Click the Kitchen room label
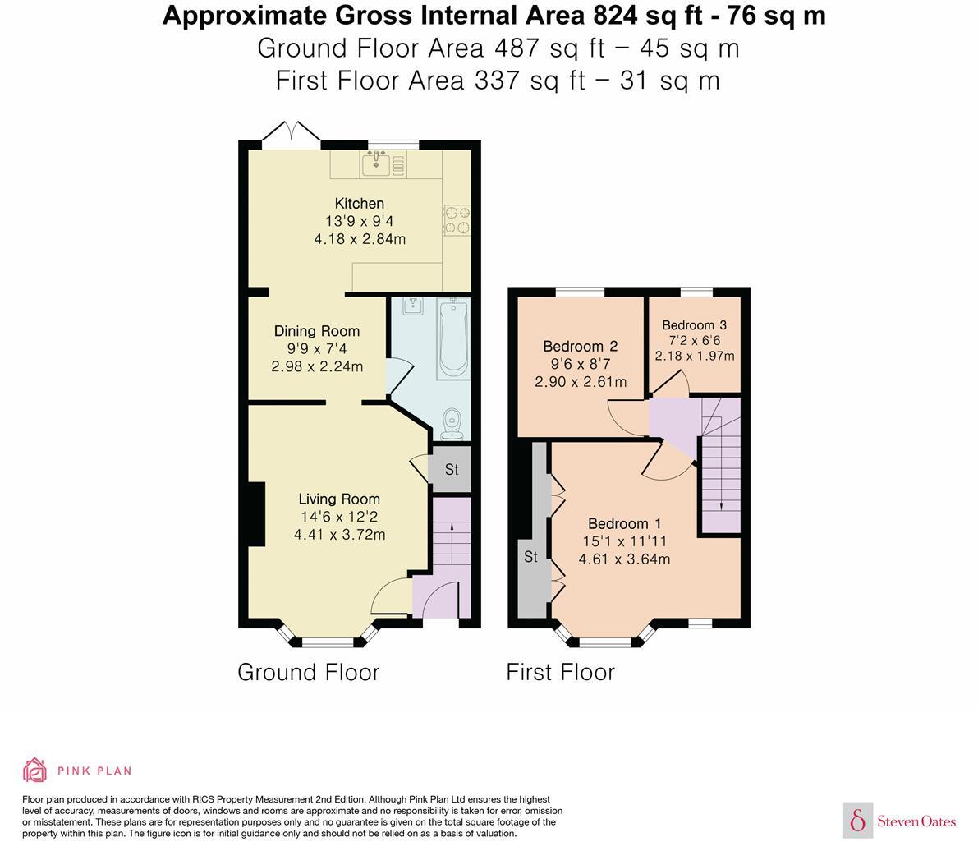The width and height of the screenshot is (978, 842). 359,204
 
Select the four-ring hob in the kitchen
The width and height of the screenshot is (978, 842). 457,220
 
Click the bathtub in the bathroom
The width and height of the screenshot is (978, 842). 452,338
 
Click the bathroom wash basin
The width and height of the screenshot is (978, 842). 412,307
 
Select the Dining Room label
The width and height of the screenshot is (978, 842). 317,331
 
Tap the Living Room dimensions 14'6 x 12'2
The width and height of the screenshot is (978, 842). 339,517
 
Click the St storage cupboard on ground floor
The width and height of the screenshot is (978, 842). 451,470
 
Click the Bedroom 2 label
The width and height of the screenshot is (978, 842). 581,347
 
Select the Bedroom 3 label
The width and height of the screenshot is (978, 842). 694,324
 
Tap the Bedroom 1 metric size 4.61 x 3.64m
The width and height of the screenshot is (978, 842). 624,559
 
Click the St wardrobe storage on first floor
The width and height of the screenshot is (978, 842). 531,557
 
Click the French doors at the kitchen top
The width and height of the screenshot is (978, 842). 291,134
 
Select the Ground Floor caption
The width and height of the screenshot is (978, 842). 309,672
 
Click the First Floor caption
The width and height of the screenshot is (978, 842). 560,672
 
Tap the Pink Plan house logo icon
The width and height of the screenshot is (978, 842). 34,771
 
